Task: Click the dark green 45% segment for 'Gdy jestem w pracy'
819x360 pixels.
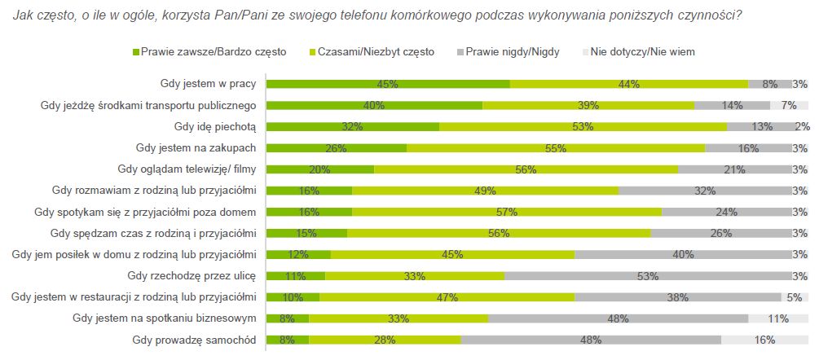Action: pyautogui.click(x=388, y=84)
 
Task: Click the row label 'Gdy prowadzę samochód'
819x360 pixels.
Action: pyautogui.click(x=195, y=339)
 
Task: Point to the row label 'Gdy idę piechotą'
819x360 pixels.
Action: pyautogui.click(x=215, y=126)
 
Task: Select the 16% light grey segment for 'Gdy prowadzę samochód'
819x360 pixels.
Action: pyautogui.click(x=764, y=339)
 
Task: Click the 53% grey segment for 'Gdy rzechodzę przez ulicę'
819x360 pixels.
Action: pyautogui.click(x=648, y=275)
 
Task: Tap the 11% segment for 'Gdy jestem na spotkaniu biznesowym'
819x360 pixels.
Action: pyautogui.click(x=778, y=318)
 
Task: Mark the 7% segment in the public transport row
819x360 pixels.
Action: pyautogui.click(x=789, y=105)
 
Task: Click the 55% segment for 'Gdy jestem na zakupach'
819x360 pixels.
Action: pyautogui.click(x=556, y=147)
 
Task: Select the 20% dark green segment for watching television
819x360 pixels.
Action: pyautogui.click(x=320, y=169)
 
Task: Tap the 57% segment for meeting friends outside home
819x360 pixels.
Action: pyautogui.click(x=506, y=212)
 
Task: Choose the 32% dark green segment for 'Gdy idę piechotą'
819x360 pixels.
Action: pyautogui.click(x=353, y=126)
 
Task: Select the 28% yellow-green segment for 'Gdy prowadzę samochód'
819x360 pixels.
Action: pyautogui.click(x=385, y=339)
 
